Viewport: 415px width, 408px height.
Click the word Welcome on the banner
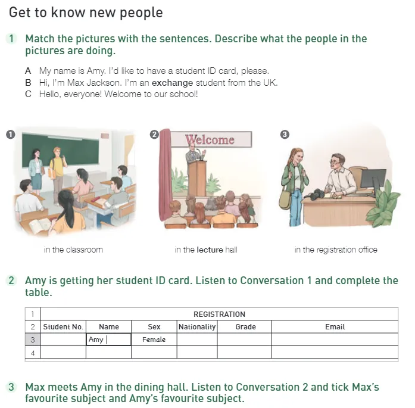point(210,139)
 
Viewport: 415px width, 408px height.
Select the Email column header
point(335,327)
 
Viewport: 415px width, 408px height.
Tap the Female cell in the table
point(154,340)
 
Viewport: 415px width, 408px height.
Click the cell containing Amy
point(108,340)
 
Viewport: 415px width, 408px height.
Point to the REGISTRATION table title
point(219,314)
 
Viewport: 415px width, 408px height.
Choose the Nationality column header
point(197,327)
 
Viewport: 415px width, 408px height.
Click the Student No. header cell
point(63,327)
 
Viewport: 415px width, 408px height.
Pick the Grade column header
point(245,327)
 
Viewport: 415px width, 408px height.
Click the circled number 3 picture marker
point(285,135)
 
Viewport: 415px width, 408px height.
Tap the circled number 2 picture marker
point(154,135)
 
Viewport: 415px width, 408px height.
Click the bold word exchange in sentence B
point(172,83)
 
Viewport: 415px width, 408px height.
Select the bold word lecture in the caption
point(210,250)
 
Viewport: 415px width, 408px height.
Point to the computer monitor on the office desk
point(373,179)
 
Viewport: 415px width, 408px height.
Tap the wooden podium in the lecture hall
point(198,178)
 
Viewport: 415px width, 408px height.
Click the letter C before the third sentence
point(28,94)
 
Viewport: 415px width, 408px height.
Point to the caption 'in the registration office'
point(336,250)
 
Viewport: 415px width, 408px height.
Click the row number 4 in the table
point(33,353)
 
